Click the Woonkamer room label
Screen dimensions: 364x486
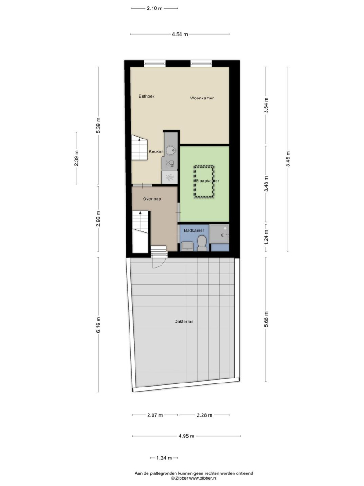tap(202, 98)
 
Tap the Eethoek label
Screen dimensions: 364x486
tap(147, 96)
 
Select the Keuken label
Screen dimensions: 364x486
tap(156, 152)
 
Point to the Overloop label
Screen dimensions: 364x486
tap(152, 199)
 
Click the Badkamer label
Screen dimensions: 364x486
tap(194, 230)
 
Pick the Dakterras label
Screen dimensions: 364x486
tap(184, 321)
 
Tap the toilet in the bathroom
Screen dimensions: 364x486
tap(202, 243)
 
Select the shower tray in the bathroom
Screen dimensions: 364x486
tap(219, 234)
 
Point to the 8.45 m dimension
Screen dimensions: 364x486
tap(288, 159)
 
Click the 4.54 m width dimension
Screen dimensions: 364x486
tap(180, 34)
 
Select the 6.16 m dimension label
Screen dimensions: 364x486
tap(99, 325)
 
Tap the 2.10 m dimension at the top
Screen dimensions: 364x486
tap(155, 9)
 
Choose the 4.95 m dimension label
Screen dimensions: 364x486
tap(186, 436)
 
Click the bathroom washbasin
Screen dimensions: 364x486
tap(187, 247)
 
